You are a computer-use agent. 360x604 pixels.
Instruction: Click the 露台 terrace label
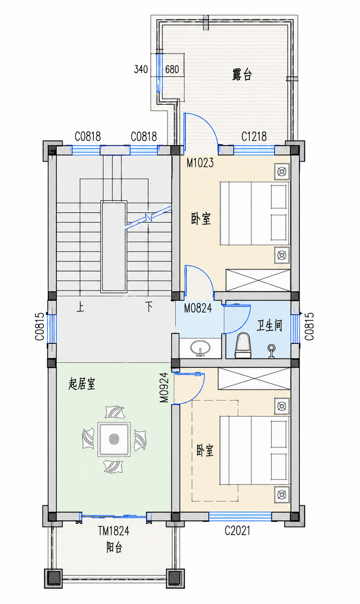coord(242,75)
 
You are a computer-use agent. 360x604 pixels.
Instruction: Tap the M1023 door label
coord(200,162)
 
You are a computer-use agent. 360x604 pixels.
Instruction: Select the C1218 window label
coord(254,136)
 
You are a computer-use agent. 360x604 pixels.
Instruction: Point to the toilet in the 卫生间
coord(243,345)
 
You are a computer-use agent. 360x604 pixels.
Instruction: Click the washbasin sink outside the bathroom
coord(200,348)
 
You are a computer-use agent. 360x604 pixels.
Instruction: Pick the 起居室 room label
coord(82,384)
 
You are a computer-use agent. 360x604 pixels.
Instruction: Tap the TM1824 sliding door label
coord(113,531)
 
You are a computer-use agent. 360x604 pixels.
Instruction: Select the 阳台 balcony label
coord(114,548)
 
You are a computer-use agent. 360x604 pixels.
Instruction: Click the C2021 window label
coord(237,531)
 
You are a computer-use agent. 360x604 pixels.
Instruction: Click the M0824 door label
coord(198,308)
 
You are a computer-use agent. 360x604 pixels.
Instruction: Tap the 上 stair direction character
coord(80,307)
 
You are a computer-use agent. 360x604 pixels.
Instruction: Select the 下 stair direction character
coord(149,307)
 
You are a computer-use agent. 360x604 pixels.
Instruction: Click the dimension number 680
coord(172,70)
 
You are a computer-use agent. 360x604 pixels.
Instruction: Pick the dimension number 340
coord(141,70)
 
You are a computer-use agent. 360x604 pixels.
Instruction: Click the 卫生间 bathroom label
coord(269,326)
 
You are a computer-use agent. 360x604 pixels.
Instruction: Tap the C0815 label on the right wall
coord(309,326)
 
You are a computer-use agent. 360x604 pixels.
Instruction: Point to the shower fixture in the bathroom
coord(272,351)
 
